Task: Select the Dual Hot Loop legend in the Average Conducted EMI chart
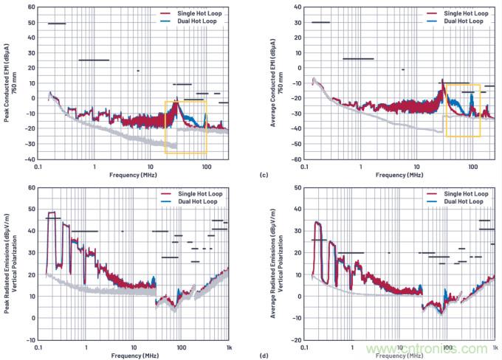point(464,22)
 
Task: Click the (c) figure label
point(264,175)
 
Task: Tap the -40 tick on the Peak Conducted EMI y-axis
point(32,159)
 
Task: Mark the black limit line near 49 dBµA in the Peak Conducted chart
point(57,24)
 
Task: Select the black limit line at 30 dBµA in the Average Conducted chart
point(320,22)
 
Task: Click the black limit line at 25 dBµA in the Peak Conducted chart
point(94,60)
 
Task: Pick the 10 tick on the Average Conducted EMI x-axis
point(416,165)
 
